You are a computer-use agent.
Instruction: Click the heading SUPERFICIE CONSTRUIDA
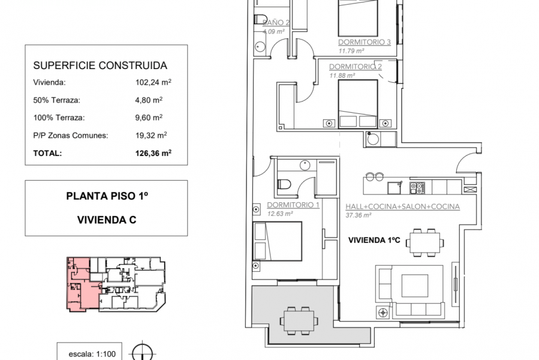100,66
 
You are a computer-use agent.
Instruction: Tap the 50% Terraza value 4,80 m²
149,101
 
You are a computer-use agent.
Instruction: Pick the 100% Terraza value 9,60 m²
149,118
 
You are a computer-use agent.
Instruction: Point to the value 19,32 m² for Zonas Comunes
152,136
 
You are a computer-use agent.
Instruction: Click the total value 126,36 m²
153,153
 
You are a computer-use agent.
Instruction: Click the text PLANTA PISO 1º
107,196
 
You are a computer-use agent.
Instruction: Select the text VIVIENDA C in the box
107,220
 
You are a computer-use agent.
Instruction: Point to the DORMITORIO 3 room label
365,42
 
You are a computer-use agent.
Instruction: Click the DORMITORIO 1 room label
293,205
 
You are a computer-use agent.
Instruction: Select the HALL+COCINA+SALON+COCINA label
402,206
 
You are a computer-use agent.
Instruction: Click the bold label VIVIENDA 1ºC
374,241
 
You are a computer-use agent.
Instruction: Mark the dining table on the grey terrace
298,319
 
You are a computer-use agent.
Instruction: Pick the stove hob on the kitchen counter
417,187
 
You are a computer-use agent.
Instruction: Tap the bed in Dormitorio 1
276,241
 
